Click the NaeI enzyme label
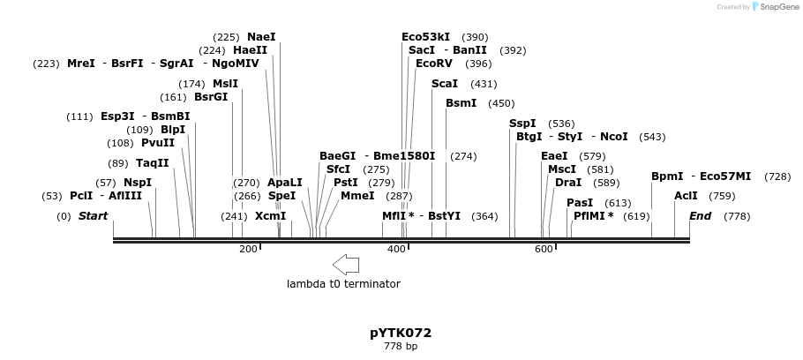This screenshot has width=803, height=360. pyautogui.click(x=261, y=37)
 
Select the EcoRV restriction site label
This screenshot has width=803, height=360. pyautogui.click(x=433, y=64)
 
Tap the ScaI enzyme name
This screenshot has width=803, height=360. pyautogui.click(x=444, y=84)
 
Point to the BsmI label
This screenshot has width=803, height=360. pyautogui.click(x=461, y=103)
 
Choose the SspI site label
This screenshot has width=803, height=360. pyautogui.click(x=522, y=124)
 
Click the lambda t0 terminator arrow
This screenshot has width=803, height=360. pyautogui.click(x=346, y=264)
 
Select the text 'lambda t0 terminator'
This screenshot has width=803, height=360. pyautogui.click(x=343, y=284)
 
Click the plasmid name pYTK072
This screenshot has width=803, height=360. pyautogui.click(x=401, y=333)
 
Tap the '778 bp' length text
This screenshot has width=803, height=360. pyautogui.click(x=401, y=347)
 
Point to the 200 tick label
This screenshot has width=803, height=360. pyautogui.click(x=248, y=250)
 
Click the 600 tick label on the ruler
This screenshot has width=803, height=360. pyautogui.click(x=544, y=250)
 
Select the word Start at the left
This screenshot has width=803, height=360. pyautogui.click(x=93, y=216)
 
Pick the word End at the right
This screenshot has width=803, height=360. pyautogui.click(x=700, y=216)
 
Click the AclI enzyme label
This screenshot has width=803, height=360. pyautogui.click(x=686, y=196)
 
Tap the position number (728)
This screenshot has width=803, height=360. pyautogui.click(x=777, y=176)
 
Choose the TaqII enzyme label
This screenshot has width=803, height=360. pyautogui.click(x=152, y=163)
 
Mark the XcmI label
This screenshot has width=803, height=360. pyautogui.click(x=270, y=216)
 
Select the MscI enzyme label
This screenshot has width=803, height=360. pyautogui.click(x=562, y=169)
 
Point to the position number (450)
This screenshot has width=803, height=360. pyautogui.click(x=501, y=103)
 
